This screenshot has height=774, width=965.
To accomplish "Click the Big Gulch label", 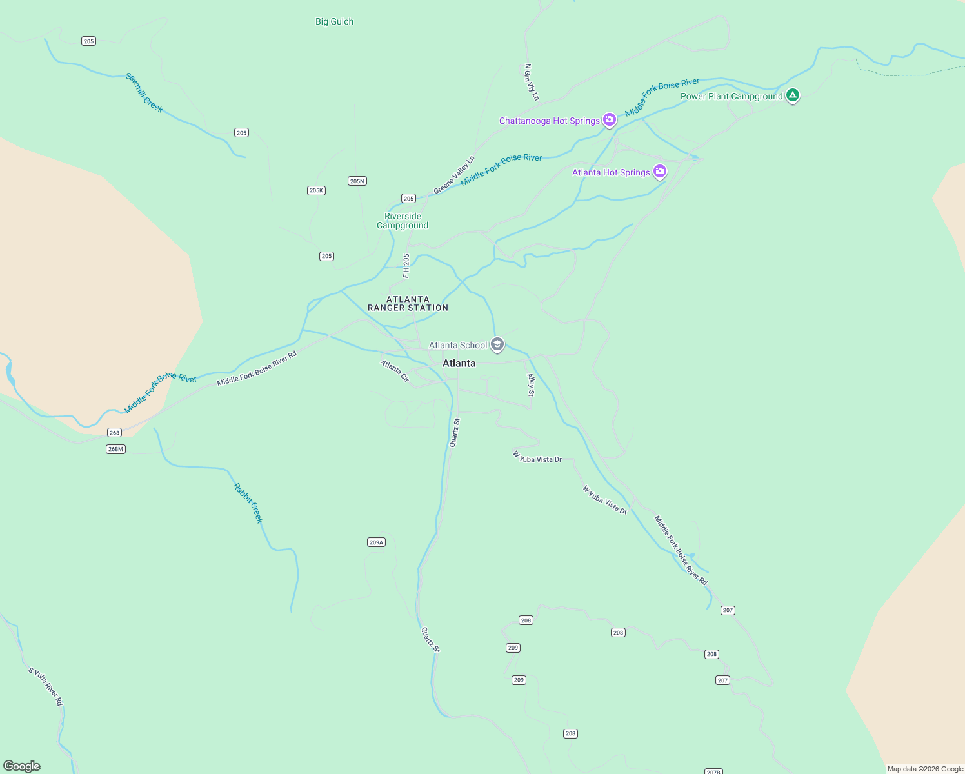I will point(334,21).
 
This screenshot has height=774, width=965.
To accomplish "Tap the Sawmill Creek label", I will point(144,92).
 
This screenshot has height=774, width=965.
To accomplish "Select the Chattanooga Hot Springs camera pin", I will point(610,120).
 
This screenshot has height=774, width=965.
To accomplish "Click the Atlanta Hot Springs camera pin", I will point(659,172).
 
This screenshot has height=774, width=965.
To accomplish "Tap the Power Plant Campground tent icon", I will point(793,95).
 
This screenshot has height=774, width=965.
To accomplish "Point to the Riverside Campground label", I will point(403,221).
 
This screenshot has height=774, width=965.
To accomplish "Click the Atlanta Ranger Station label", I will point(408,303).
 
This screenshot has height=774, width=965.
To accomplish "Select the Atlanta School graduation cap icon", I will point(497,344).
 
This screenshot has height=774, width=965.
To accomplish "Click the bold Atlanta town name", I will point(459,363).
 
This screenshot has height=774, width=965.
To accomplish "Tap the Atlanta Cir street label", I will point(395,371).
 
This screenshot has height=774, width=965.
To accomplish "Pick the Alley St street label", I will point(531,385).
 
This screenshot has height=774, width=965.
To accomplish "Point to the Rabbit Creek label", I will point(248,503).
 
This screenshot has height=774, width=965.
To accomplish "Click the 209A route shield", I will point(376,542).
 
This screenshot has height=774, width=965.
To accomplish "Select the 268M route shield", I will point(115,449).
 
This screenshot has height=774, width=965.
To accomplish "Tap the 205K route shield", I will point(316,190).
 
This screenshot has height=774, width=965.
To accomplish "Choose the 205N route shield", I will point(357,181).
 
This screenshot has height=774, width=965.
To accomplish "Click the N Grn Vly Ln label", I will point(532,82).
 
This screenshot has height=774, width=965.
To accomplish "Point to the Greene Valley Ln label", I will point(454,175).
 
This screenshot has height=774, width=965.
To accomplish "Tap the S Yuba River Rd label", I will point(46,686).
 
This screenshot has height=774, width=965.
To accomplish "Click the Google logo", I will point(22,766).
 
